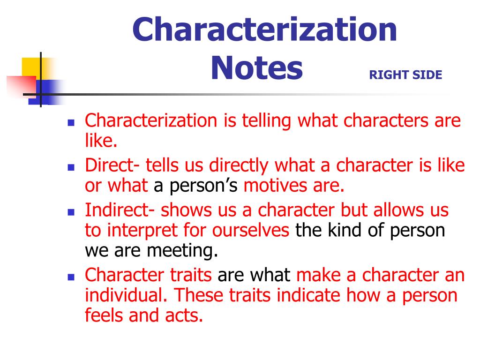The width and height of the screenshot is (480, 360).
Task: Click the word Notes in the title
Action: (x=256, y=68)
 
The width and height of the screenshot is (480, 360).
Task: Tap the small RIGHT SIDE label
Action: (x=405, y=75)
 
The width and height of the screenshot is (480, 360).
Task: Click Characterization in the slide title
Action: (x=265, y=29)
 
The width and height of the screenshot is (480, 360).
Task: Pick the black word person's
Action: (x=197, y=186)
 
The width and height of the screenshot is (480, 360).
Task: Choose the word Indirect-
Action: (x=120, y=210)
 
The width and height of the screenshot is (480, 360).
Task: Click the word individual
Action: (x=126, y=296)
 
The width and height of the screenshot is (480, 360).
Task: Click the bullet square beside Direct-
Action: (x=71, y=167)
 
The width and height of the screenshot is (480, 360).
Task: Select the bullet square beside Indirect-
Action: (x=71, y=211)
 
